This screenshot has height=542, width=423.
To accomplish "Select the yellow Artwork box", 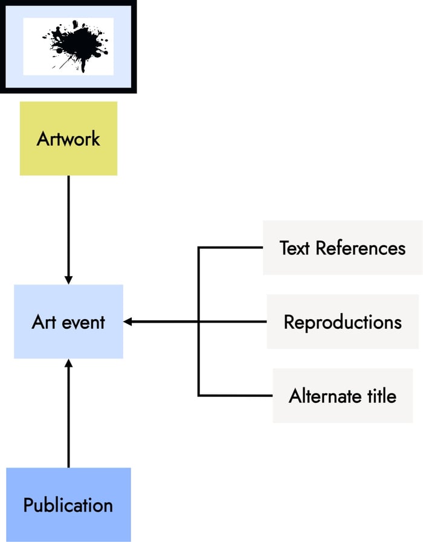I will click(68, 138).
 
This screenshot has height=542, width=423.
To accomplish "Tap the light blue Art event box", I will click(68, 321).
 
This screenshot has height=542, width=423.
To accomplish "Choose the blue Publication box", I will click(68, 505).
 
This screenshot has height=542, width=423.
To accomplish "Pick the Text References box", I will click(342, 248).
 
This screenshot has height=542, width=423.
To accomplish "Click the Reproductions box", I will click(342, 321).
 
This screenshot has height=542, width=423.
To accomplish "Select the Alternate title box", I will click(342, 396).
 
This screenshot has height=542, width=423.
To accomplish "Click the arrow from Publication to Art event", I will click(68, 417).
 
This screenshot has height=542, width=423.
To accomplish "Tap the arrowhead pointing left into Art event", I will click(128, 322).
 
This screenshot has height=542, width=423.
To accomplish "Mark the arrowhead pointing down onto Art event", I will click(68, 280).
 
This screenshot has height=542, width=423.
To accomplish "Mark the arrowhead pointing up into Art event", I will click(68, 363).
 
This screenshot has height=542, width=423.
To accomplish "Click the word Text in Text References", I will click(295, 248).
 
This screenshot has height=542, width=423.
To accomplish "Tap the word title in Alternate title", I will click(380, 396).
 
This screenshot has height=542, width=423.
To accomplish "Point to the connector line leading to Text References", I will click(230, 248).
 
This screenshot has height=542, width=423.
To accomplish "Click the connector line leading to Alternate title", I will click(236, 396).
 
